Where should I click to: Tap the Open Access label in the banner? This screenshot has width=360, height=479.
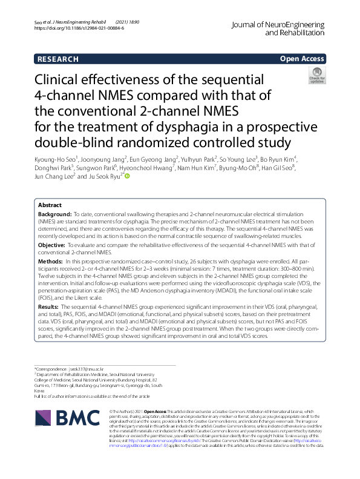click(x=302, y=59)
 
